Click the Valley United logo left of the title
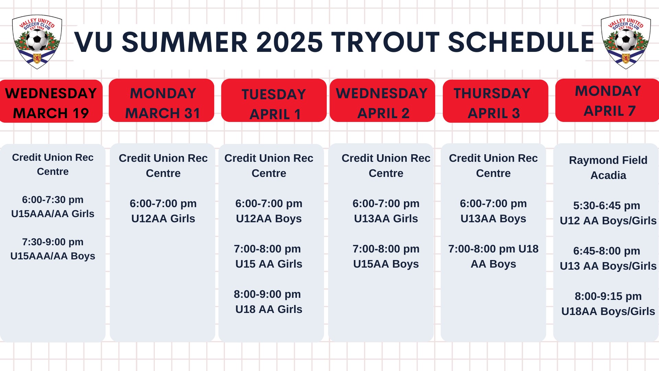37,42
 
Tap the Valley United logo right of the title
626,42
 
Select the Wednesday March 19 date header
51,101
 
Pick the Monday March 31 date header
162,100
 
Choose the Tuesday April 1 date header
274,100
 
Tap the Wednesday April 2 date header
382,100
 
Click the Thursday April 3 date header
495,101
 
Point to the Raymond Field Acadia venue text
608,168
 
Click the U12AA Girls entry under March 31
163,218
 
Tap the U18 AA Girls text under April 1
269,309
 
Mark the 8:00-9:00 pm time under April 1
267,294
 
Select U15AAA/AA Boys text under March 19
53,256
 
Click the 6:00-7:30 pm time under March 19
53,200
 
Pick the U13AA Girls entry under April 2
386,218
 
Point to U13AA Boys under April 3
493,218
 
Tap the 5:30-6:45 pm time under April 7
607,206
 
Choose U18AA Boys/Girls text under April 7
608,311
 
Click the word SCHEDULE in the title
521,42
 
